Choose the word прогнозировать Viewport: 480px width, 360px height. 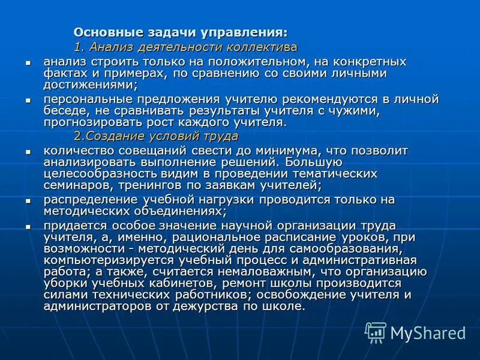pyautogui.click(x=88, y=122)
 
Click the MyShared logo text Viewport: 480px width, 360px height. pyautogui.click(x=428, y=332)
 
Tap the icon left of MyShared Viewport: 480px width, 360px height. pyautogui.click(x=376, y=332)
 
